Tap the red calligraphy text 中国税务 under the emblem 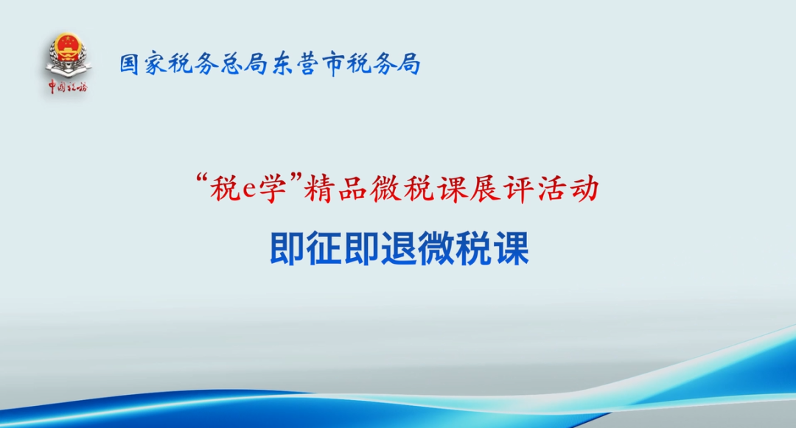[x=68, y=87]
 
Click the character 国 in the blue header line [x=130, y=64]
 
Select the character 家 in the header [x=155, y=64]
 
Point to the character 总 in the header [x=231, y=64]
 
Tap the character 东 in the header [x=282, y=64]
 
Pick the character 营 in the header [x=307, y=64]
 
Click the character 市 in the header [x=332, y=64]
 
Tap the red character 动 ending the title [x=584, y=189]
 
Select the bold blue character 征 [x=325, y=248]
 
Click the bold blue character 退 [x=399, y=248]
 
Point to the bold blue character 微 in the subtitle [x=437, y=248]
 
